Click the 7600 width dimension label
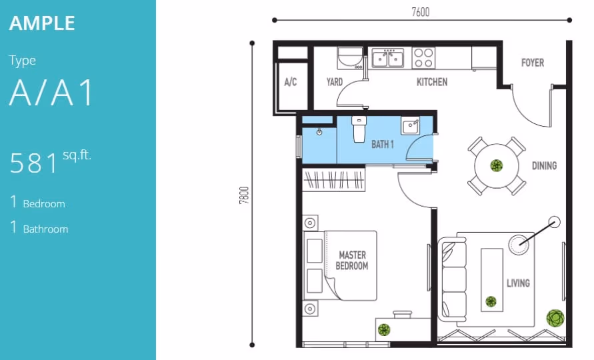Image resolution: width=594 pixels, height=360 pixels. click(421, 12)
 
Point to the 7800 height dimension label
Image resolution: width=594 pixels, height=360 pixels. click(245, 195)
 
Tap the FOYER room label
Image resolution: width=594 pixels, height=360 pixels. click(533, 63)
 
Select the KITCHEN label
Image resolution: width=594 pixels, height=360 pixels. click(432, 82)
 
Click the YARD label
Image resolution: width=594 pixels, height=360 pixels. click(335, 82)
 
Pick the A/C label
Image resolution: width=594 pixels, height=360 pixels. click(291, 82)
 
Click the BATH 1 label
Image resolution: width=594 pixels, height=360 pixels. click(383, 145)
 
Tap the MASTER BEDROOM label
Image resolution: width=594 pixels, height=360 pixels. click(352, 261)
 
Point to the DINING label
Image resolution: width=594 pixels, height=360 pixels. click(545, 165)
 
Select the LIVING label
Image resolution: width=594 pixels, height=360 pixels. click(518, 283)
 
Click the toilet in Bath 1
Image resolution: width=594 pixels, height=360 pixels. click(359, 129)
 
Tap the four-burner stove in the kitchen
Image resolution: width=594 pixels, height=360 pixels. click(423, 58)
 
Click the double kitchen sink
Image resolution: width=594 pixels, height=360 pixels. click(388, 59)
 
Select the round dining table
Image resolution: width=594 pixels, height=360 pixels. click(496, 166)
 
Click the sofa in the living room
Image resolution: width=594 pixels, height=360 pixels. click(452, 279)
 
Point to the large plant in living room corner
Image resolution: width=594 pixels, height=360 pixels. click(555, 318)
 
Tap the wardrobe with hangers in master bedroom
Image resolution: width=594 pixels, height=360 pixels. click(334, 179)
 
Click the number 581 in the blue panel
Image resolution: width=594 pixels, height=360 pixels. click(35, 163)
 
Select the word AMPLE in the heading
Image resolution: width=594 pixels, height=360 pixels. click(42, 23)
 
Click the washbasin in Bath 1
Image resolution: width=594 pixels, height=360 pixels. click(410, 126)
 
